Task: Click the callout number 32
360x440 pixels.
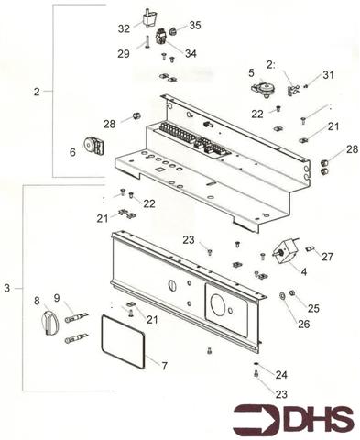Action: click(x=124, y=28)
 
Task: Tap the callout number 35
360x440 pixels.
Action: click(x=194, y=25)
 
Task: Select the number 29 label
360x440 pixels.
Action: click(x=124, y=55)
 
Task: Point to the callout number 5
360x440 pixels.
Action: click(x=251, y=71)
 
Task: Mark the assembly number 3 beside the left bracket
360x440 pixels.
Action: click(x=7, y=289)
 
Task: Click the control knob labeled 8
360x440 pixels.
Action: click(x=49, y=322)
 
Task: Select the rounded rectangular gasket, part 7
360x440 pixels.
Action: click(x=121, y=341)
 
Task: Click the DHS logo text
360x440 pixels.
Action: click(x=316, y=419)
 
